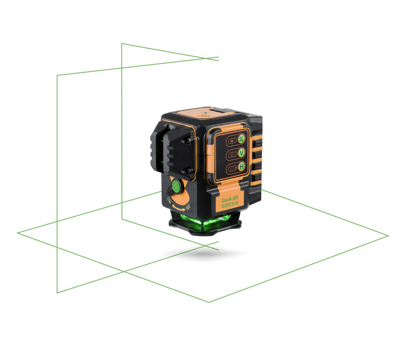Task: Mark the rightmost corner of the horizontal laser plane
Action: [x=389, y=236]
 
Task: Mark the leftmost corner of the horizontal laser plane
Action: [x=17, y=233]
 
